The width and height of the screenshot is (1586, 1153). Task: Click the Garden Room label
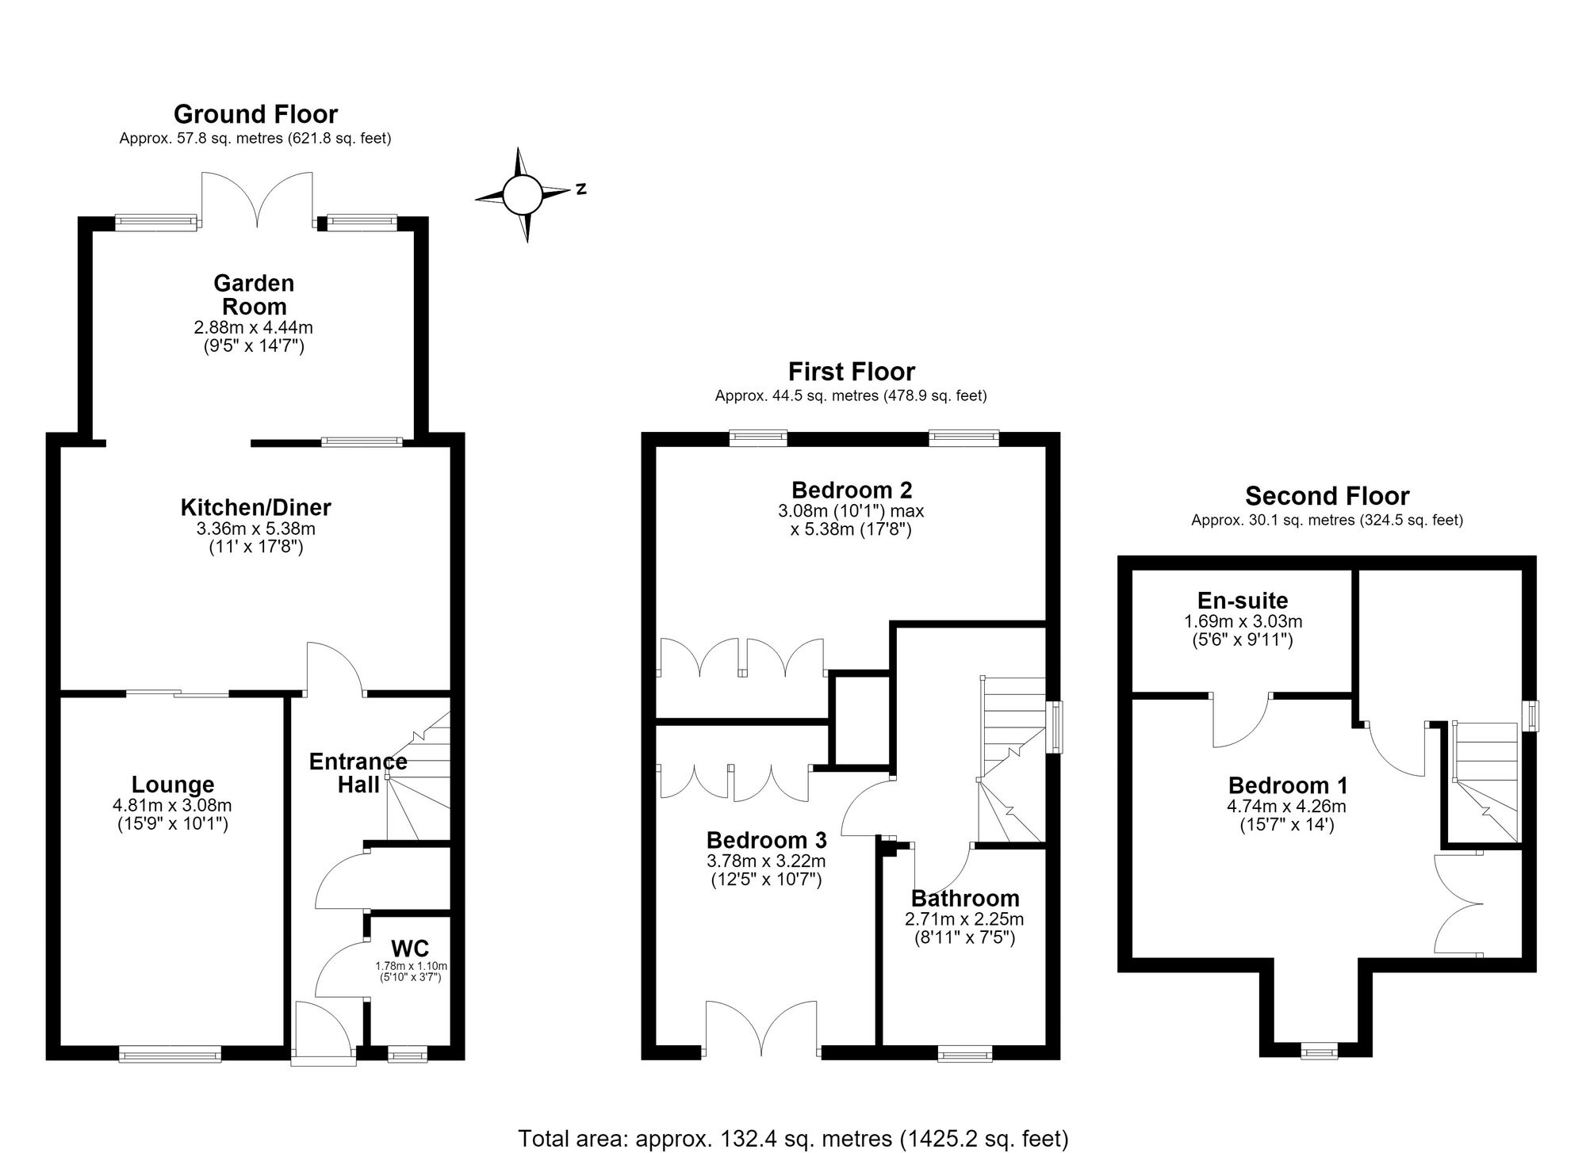254,295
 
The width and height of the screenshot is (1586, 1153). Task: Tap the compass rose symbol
523,194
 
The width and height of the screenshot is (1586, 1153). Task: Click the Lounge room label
173,785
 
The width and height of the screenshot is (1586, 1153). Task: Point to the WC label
410,948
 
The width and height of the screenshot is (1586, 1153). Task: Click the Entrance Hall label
358,773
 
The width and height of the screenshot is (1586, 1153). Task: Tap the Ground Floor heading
255,114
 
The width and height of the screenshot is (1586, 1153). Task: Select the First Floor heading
851,372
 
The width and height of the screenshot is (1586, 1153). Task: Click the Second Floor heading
1327,496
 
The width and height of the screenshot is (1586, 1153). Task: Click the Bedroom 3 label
766,839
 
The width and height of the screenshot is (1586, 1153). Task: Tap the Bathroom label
965,898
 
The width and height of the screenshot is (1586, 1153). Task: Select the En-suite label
1243,601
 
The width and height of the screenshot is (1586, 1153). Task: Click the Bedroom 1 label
1287,785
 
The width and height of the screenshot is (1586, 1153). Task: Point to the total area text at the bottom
793,1138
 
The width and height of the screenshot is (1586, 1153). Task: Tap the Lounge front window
170,1054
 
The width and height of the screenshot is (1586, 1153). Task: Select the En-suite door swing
1241,721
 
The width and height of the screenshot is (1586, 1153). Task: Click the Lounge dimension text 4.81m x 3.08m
172,806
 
